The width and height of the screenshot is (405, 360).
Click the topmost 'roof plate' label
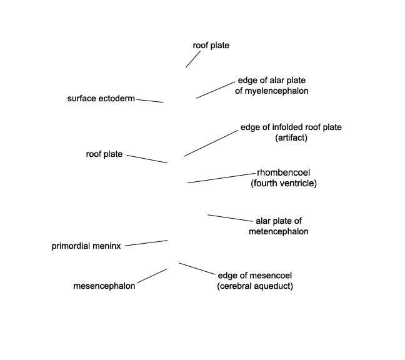[x=211, y=46]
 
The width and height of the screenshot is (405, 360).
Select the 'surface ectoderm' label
[x=101, y=98]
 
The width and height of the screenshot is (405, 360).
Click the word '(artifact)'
[x=291, y=137]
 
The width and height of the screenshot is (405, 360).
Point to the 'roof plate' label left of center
[x=104, y=154]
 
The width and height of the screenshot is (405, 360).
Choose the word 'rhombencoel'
[x=283, y=172]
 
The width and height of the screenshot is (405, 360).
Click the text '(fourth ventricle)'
[x=284, y=183]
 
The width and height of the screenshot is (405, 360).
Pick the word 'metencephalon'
[x=279, y=231]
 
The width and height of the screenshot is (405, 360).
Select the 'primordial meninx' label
[x=86, y=246]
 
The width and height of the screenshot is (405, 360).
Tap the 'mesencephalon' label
[x=104, y=286]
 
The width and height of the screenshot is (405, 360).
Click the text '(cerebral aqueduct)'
[x=255, y=286]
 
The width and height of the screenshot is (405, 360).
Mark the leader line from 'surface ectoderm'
[x=150, y=101]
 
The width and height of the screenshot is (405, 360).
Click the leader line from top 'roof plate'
[x=193, y=59]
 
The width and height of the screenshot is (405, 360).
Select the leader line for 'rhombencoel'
[x=221, y=178]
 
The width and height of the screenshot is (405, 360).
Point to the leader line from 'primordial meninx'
[x=146, y=243]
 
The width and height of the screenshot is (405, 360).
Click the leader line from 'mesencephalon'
[x=152, y=276]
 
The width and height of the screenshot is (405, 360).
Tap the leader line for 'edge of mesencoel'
[x=197, y=269]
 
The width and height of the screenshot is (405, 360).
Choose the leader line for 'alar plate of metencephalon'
[x=230, y=218]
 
